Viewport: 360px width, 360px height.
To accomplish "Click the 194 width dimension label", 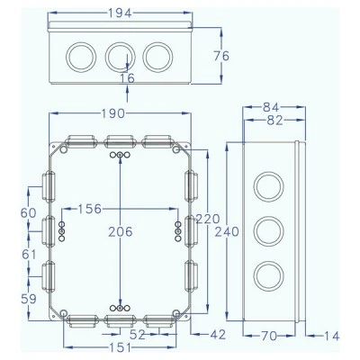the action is point(120,13).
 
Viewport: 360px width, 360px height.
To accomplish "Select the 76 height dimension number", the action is point(221,56).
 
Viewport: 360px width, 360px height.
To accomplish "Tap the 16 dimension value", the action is point(128,78).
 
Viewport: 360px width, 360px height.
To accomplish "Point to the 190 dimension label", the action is point(112,113).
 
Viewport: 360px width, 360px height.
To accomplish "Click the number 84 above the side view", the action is point(271,107).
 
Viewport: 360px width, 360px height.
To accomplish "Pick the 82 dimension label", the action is point(274,121).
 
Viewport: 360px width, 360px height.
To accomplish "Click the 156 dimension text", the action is point(90,209).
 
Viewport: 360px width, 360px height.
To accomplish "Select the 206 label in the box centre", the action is point(121,231).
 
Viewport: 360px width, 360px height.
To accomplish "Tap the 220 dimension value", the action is point(208,219).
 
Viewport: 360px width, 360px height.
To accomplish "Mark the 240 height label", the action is point(227,231).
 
